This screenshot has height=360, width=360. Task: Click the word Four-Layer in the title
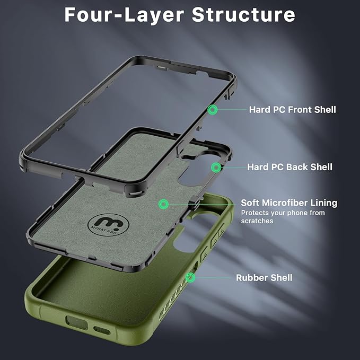[x=124, y=14]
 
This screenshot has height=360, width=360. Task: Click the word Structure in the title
[x=243, y=14]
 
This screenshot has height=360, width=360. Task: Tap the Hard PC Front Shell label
[x=292, y=110]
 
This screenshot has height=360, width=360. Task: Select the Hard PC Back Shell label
[x=289, y=167]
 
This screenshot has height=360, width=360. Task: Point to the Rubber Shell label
[x=264, y=277]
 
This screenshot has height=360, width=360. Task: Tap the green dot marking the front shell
[x=213, y=110]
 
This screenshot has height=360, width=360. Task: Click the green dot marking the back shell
[x=216, y=168]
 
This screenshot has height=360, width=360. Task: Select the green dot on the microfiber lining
[x=163, y=204]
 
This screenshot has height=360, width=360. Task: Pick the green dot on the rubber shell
[x=190, y=277]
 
